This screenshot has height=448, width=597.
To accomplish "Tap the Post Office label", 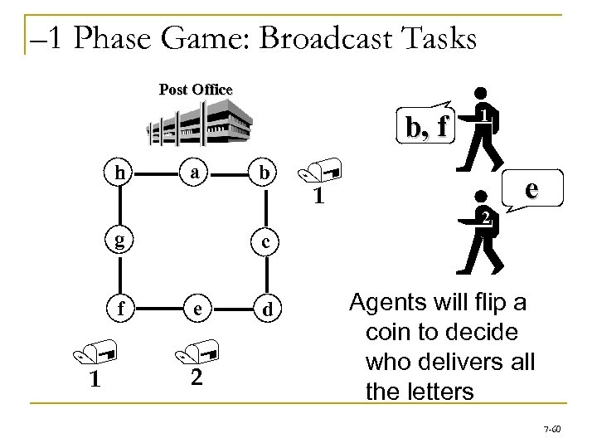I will pyautogui.click(x=197, y=89).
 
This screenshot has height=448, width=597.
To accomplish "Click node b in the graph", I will pyautogui.click(x=263, y=174).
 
